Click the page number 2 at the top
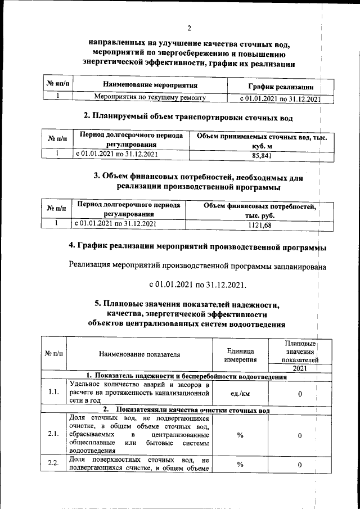coord(190,28)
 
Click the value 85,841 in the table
coord(259,155)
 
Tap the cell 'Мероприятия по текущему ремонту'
coord(150,98)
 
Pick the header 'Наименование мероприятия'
coord(150,85)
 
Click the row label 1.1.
coord(54,393)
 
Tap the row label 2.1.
coord(54,434)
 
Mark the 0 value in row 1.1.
coord(300,393)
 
